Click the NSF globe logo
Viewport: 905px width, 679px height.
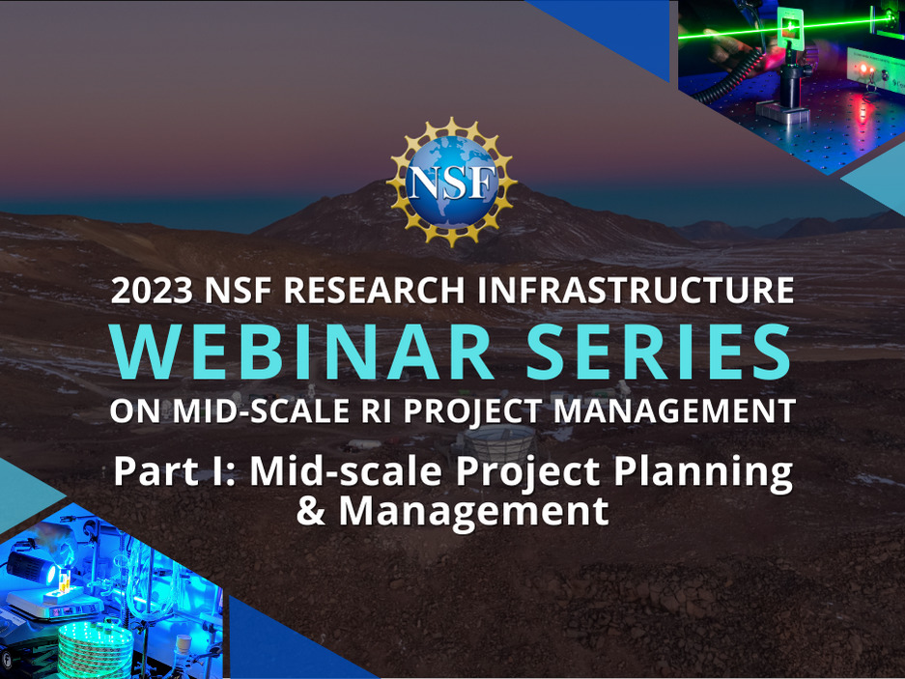(x=451, y=182)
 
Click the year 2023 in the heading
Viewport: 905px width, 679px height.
(x=152, y=291)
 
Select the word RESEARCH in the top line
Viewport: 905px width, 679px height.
(x=374, y=291)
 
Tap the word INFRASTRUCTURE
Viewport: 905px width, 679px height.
(x=636, y=291)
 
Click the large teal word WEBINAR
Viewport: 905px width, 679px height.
(x=301, y=352)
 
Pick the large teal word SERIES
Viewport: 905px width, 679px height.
(x=659, y=352)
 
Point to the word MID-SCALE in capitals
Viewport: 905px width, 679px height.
(x=261, y=411)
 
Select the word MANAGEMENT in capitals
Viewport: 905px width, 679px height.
(x=675, y=411)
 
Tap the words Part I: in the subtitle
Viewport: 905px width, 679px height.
(x=175, y=471)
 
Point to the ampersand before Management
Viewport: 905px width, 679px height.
(x=311, y=510)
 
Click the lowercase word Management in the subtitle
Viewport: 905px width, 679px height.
(x=474, y=513)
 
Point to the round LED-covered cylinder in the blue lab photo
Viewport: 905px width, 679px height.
(x=96, y=650)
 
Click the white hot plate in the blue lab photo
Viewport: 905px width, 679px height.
(x=55, y=604)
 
